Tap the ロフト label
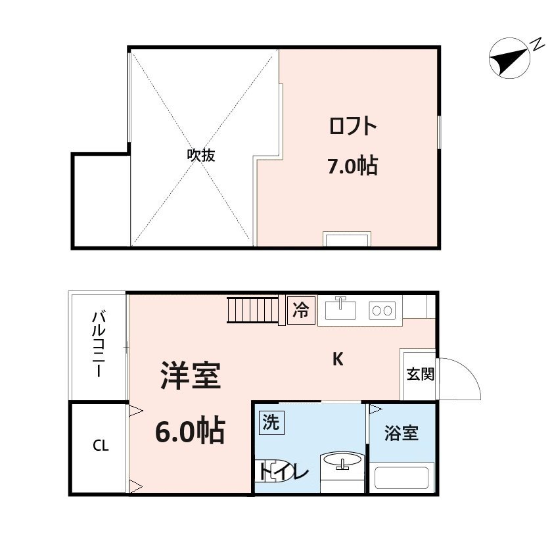pos(353,126)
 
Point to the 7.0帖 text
pos(352,166)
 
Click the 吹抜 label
pos(201,156)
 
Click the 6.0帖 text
pos(190,431)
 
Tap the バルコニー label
pos(98,344)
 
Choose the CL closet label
pos(100,446)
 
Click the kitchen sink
pos(340,308)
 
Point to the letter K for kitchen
pos(338,359)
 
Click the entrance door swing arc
pos(464,379)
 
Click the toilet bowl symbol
pos(271,471)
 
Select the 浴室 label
pos(401,434)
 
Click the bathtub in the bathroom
pos(401,476)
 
